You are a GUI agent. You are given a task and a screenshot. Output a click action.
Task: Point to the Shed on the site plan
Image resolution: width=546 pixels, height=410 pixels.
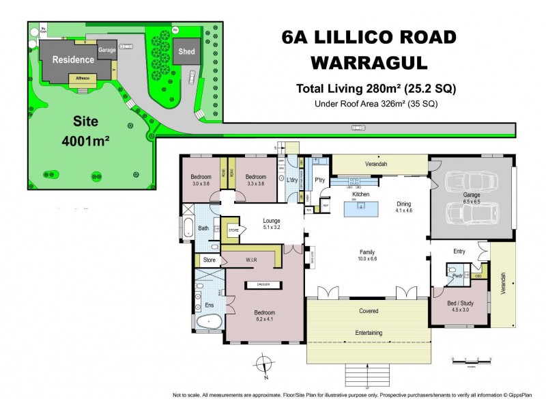point(186,51)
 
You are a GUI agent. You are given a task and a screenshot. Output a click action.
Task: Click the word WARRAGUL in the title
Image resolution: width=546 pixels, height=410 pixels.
point(369,62)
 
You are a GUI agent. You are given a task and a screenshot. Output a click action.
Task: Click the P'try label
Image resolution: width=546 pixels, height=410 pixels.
point(319,180)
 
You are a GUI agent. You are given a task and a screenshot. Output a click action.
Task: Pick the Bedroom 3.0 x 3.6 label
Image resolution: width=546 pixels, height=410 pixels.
point(201,180)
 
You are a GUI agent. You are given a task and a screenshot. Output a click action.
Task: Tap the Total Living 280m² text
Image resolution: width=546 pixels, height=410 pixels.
point(375,88)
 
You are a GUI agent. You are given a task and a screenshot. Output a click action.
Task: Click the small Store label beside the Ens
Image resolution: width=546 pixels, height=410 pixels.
point(209,260)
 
